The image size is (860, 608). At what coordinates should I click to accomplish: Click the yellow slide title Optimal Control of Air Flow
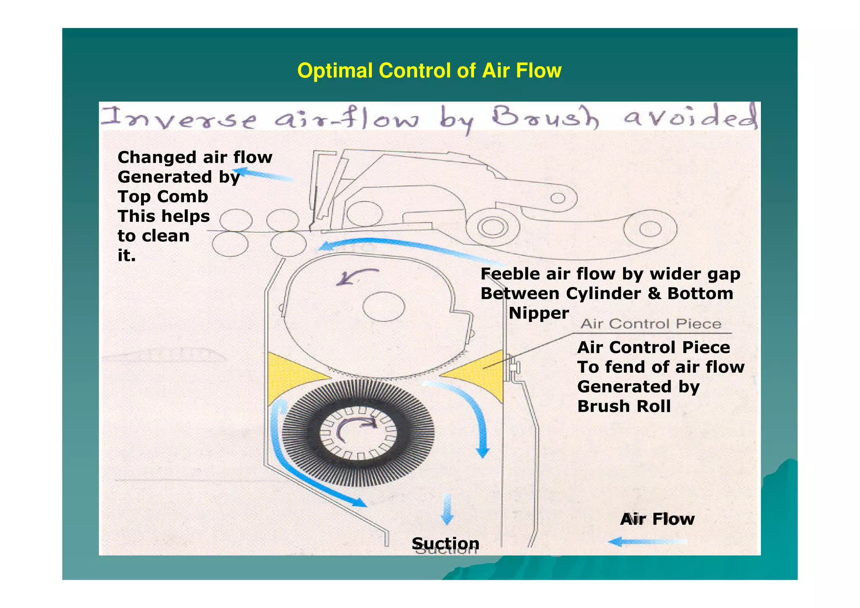[429, 71]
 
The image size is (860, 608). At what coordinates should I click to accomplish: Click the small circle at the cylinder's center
[383, 306]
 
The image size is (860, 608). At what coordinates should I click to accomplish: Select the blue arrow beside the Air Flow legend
[647, 542]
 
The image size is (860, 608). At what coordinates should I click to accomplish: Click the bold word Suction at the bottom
[445, 543]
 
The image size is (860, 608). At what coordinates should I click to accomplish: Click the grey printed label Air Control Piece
[651, 324]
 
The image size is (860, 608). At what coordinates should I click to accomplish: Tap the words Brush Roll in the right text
[624, 406]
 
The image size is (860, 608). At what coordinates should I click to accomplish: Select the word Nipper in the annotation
[539, 313]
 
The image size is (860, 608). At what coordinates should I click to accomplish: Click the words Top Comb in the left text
[163, 197]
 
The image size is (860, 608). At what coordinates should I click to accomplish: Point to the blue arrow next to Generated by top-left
[262, 174]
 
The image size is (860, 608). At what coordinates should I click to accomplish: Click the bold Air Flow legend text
[657, 519]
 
